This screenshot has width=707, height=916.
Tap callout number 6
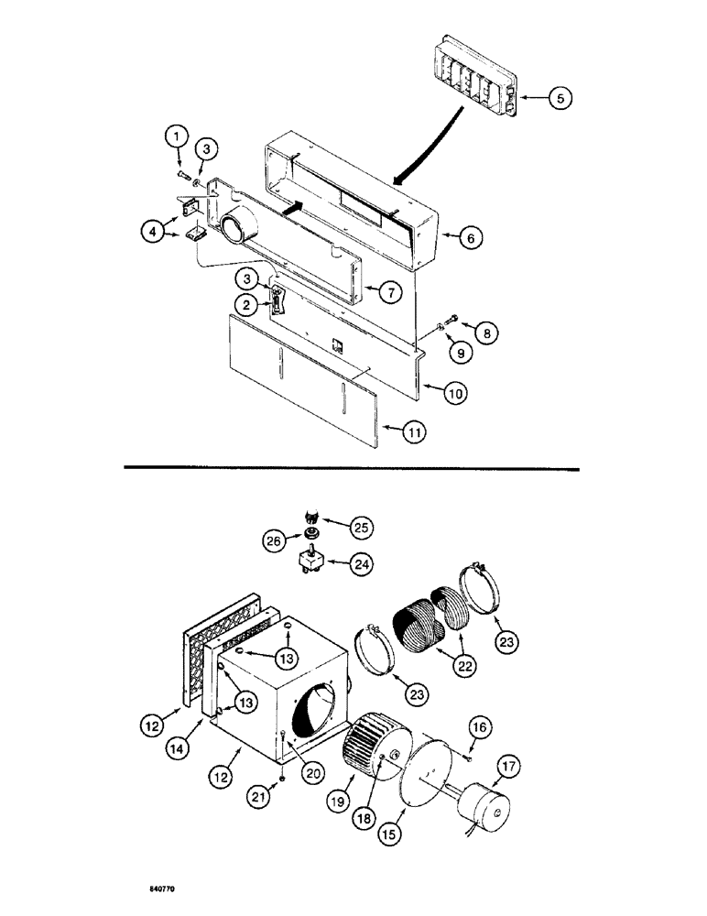click(x=467, y=238)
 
